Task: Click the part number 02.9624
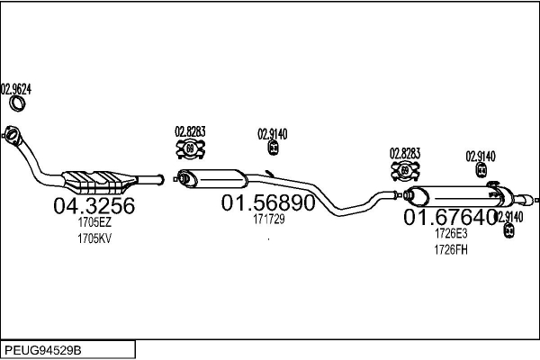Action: pos(16,88)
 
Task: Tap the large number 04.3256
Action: pos(94,206)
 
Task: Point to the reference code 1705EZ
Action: pos(94,222)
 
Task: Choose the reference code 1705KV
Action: pos(94,238)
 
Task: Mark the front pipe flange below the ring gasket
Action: pos(13,135)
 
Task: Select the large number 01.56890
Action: pos(268,204)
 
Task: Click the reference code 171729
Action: pos(267,220)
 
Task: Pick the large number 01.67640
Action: pos(449,218)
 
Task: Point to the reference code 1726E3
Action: pos(451,233)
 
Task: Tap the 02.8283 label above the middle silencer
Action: pos(190,131)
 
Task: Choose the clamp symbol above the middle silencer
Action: pos(191,148)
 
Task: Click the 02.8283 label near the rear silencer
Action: pos(405,153)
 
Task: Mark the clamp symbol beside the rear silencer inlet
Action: pos(405,170)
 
